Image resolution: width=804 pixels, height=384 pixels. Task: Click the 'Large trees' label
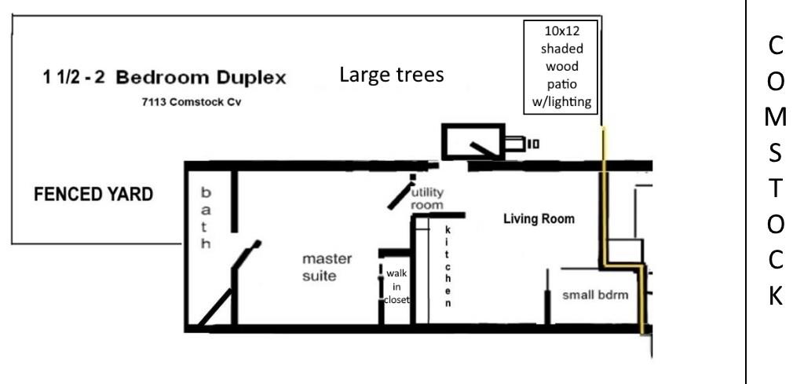392,75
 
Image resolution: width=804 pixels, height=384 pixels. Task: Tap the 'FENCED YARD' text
93,195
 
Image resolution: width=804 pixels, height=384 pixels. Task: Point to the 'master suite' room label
327,267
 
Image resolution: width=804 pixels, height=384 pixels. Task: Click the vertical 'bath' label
206,218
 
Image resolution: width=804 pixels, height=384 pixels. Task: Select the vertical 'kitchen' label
448,266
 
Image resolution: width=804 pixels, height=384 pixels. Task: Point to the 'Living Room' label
539,219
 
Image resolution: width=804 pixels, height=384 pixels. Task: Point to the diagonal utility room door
400,197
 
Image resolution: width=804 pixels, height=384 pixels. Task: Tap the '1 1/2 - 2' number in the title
73,79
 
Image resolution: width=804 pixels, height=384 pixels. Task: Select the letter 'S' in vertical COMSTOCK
775,154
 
